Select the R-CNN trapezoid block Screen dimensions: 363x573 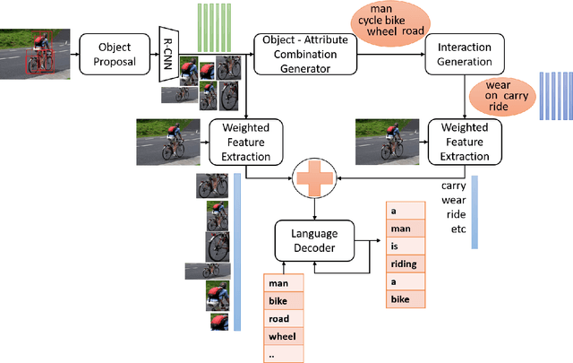tap(167, 54)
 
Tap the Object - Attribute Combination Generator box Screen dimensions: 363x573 tap(300, 54)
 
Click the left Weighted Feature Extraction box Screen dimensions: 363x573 tap(244, 142)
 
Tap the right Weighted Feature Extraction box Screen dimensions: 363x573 tap(464, 142)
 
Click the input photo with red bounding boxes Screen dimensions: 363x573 tap(31, 54)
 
